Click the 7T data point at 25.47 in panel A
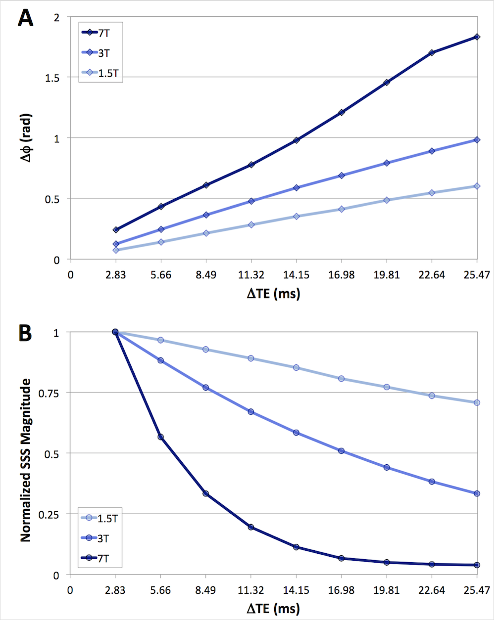pyautogui.click(x=477, y=37)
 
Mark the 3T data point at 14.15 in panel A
pyautogui.click(x=296, y=188)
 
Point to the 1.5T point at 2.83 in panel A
pyautogui.click(x=116, y=250)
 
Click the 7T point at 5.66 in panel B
pyautogui.click(x=161, y=437)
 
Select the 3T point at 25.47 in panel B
pyautogui.click(x=477, y=493)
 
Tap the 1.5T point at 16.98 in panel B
pyautogui.click(x=341, y=379)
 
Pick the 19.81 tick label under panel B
pyautogui.click(x=386, y=589)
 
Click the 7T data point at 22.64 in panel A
pyautogui.click(x=432, y=52)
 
